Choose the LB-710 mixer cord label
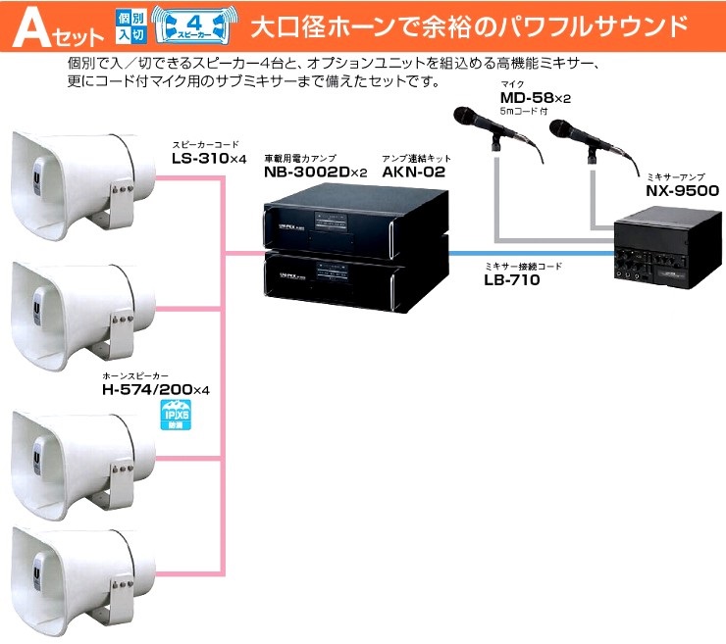[512, 279]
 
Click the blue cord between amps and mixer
[530, 253]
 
